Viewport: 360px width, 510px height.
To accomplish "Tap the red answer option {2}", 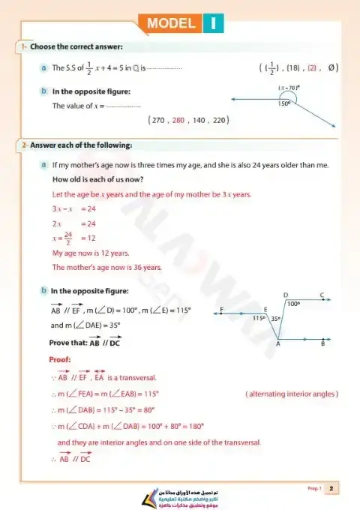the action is click(312, 67).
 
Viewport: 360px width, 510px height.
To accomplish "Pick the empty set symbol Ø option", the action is click(332, 67).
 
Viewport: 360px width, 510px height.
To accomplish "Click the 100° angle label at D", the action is click(293, 304).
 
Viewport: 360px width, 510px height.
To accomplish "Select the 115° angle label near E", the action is click(259, 318).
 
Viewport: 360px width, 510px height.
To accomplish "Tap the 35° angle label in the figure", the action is click(275, 318).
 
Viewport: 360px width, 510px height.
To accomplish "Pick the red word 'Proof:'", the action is click(60, 359).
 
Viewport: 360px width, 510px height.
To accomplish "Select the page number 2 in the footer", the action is click(331, 489).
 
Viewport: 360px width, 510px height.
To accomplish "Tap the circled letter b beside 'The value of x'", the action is click(44, 91).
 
